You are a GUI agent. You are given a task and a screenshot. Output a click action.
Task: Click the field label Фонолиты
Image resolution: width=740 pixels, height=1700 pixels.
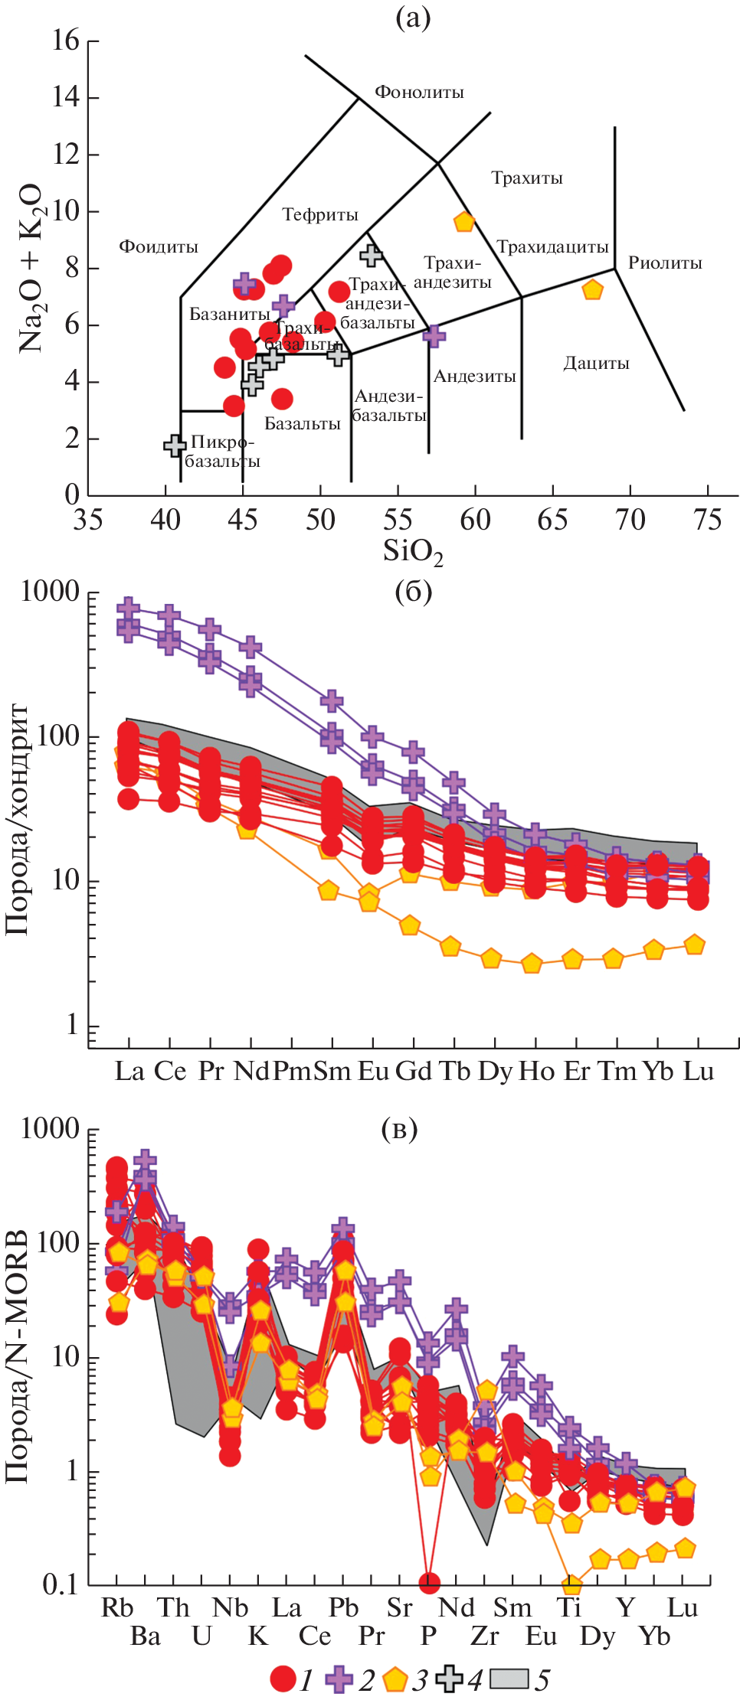[419, 93]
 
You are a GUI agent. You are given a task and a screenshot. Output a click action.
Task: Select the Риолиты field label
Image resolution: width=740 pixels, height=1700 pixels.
[665, 263]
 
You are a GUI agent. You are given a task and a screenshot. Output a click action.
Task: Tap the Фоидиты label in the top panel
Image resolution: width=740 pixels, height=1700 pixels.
[159, 246]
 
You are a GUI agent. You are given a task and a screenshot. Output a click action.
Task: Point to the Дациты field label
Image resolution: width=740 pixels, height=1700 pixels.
[596, 363]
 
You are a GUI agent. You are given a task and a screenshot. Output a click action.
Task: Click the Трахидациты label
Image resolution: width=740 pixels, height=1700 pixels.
[552, 246]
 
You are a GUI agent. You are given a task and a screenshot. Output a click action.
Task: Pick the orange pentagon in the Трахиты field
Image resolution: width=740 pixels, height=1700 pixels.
[464, 222]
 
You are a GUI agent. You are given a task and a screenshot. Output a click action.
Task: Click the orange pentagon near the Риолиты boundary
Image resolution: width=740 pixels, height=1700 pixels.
[592, 290]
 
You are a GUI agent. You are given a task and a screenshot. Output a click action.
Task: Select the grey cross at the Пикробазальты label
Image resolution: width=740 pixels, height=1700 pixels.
[175, 445]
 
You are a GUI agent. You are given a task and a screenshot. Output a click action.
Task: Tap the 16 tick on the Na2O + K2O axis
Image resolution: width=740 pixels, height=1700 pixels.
[66, 41]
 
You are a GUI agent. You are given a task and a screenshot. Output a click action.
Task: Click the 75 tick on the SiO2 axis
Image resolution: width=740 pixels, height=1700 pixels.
[707, 520]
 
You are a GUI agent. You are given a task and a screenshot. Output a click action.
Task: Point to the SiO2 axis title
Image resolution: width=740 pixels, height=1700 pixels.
[413, 552]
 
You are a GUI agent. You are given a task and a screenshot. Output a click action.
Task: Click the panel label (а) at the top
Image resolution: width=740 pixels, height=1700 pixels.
[413, 17]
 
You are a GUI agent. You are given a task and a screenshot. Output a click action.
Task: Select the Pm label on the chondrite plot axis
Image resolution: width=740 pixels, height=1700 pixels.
[292, 1071]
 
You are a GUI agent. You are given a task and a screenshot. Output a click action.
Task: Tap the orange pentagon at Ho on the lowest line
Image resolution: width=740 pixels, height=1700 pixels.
[532, 964]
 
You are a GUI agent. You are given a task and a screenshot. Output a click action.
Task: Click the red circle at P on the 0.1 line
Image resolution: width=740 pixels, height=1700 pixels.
[429, 1582]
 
